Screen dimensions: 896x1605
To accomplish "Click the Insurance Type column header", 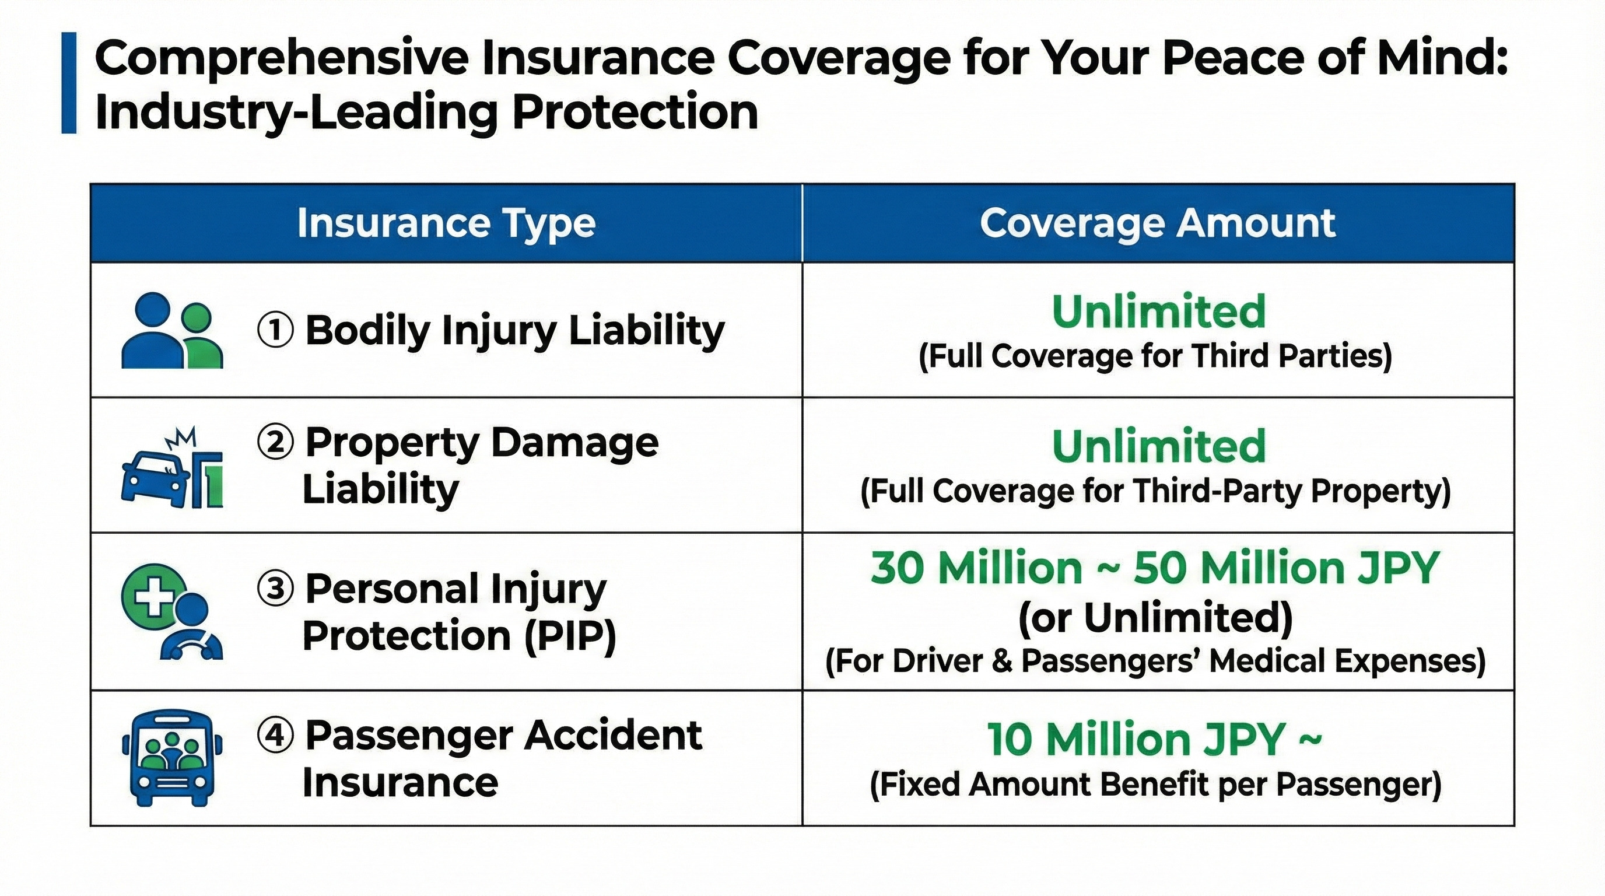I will click(x=446, y=223).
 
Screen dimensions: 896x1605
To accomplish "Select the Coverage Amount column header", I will click(x=1158, y=223).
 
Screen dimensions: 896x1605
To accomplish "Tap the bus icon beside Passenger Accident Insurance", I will click(x=171, y=758).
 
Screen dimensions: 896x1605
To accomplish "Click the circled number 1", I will click(x=275, y=330).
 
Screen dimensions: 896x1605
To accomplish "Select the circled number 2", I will click(x=275, y=443).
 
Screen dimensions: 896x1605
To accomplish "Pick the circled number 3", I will click(x=275, y=589).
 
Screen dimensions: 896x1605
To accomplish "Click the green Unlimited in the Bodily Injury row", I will click(x=1158, y=311).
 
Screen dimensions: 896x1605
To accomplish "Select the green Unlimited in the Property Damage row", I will click(x=1158, y=446).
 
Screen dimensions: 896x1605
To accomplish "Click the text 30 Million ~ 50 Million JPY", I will click(x=1155, y=568).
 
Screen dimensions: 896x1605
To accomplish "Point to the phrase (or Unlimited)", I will click(x=1156, y=618).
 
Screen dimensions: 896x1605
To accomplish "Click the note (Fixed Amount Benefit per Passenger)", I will click(x=1156, y=785).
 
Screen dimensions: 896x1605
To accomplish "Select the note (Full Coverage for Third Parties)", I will click(x=1156, y=357).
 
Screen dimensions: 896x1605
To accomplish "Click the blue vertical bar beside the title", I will click(x=69, y=83).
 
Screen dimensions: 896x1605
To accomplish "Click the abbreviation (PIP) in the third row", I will click(x=569, y=636).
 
